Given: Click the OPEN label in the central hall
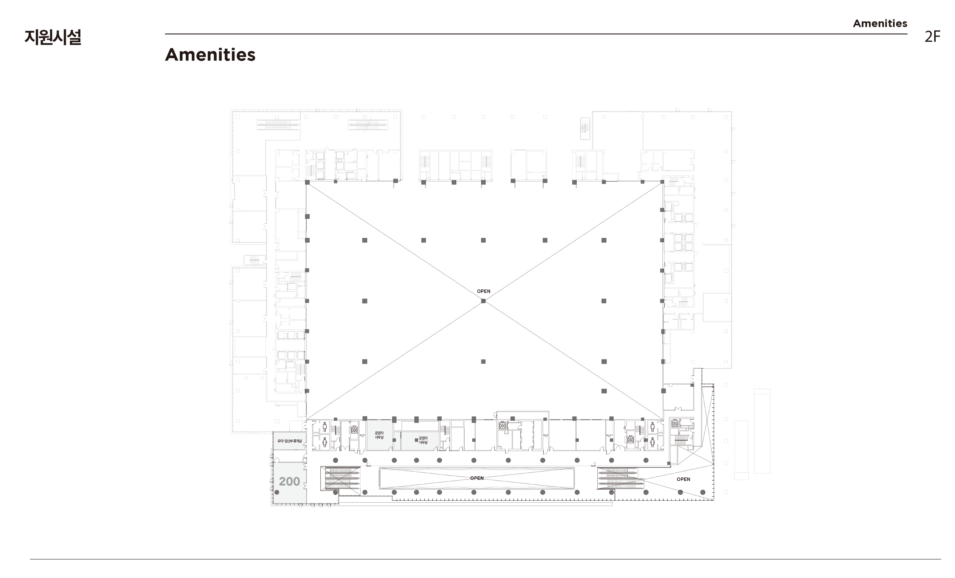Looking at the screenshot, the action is click(x=483, y=291).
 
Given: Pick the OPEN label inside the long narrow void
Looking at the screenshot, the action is click(x=477, y=478).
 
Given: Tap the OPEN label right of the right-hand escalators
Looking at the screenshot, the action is click(x=683, y=479).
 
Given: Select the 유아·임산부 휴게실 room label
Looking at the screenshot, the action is click(x=290, y=441).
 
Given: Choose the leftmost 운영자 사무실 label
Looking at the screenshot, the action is click(x=379, y=435).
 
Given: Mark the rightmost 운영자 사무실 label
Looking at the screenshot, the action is click(x=423, y=440).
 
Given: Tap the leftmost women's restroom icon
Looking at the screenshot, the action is click(x=325, y=442).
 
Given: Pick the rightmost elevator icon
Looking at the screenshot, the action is click(x=675, y=423).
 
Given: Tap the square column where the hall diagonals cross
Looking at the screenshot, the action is click(x=483, y=301).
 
